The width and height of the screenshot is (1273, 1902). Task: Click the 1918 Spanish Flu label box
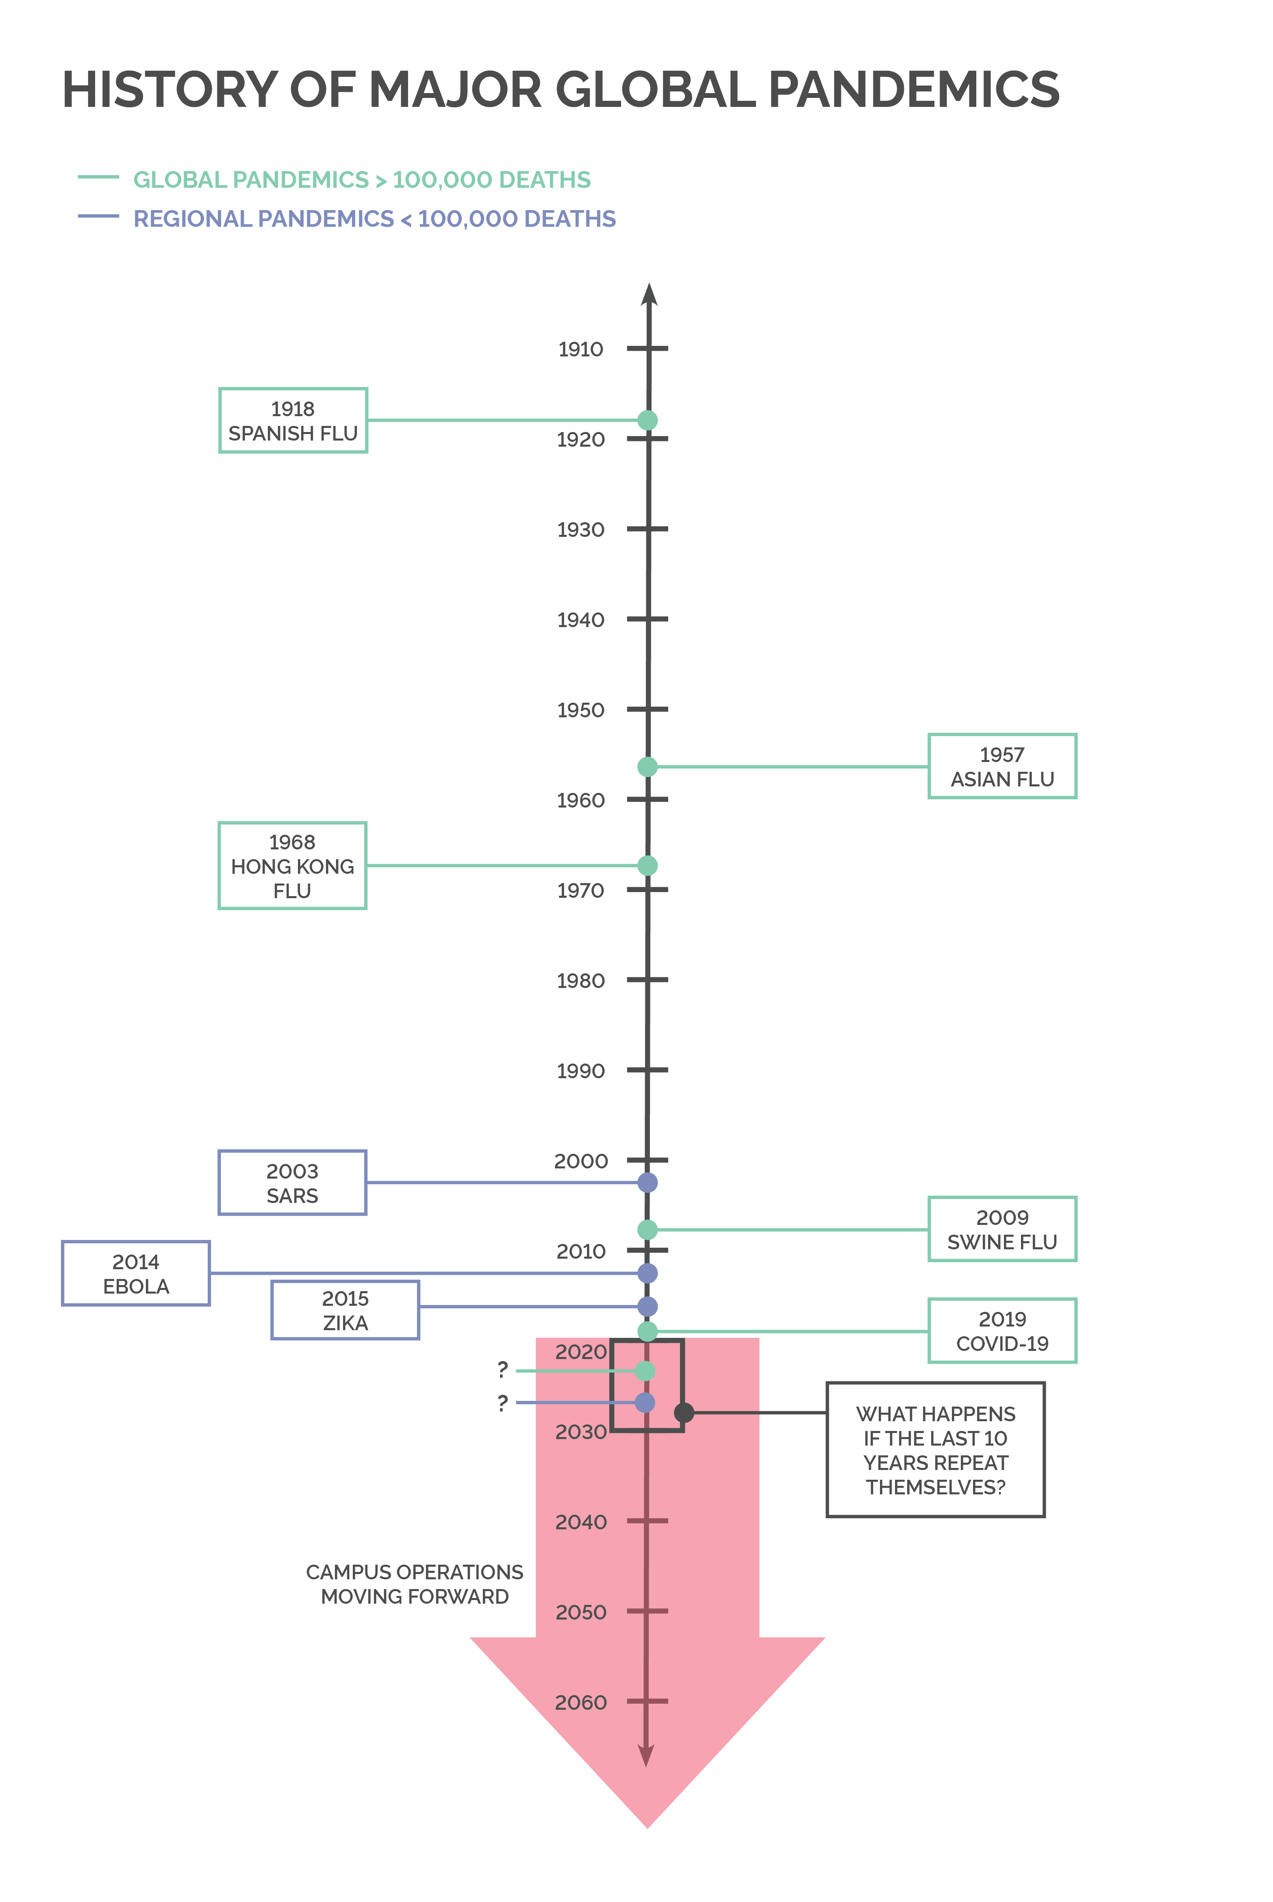pos(293,421)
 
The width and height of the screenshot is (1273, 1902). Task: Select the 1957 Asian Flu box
pos(1002,766)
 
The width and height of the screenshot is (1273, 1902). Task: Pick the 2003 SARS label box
pos(292,1183)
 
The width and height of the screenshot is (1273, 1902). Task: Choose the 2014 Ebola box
pos(136,1274)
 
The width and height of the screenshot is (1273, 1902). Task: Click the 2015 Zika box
pos(345,1310)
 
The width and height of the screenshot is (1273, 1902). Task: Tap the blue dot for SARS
pos(647,1183)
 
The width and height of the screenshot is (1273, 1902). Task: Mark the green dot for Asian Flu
pos(647,766)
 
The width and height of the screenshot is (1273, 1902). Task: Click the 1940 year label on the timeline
pos(580,620)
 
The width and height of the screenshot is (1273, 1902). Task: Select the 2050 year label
pos(580,1612)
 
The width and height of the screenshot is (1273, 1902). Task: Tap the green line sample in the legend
pos(98,177)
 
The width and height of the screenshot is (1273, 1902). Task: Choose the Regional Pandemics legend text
pos(374,219)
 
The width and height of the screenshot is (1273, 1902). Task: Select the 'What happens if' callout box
pos(935,1450)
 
